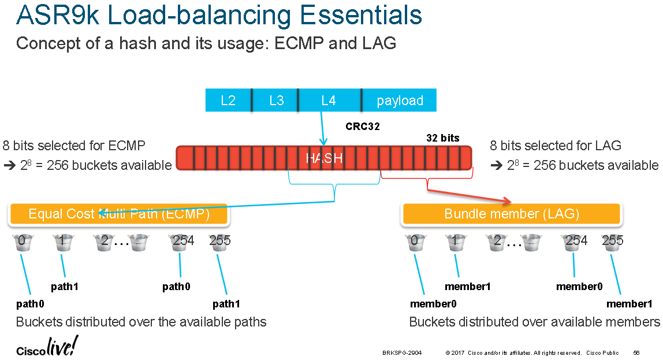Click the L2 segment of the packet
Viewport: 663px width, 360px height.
pos(228,101)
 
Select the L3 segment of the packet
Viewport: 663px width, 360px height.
pos(276,101)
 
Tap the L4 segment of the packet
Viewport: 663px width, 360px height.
pos(328,101)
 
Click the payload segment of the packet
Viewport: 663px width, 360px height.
pos(400,101)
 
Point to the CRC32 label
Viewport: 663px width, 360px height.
pos(362,127)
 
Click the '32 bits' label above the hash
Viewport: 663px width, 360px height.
pos(442,138)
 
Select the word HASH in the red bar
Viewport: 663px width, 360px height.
pos(324,158)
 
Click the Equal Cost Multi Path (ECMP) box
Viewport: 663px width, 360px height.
pos(118,214)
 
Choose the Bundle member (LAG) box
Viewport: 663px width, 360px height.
pos(511,214)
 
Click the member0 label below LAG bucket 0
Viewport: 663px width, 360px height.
pos(433,304)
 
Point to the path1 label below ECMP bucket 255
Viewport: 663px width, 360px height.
pos(226,304)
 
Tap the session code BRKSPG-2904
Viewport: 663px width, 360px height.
pos(402,352)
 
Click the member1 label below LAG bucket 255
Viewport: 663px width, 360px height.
pos(629,304)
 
